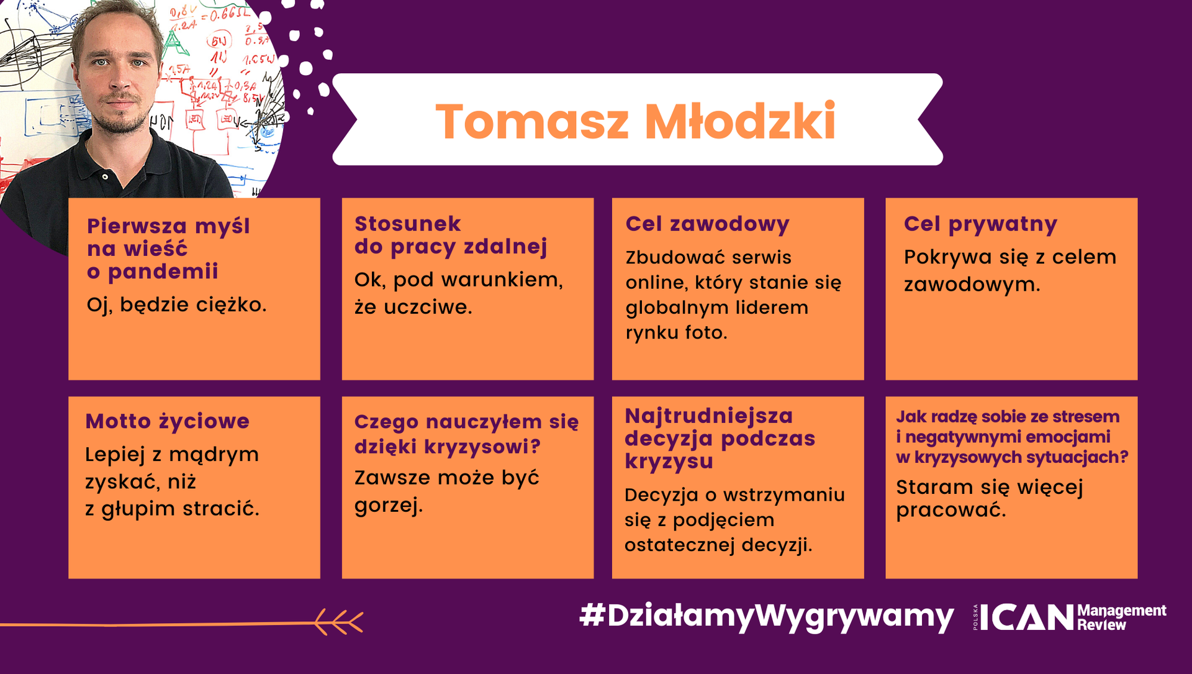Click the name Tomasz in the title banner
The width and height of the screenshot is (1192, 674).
[533, 121]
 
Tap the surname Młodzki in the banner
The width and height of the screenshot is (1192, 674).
[741, 121]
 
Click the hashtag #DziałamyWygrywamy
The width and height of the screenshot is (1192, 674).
[766, 616]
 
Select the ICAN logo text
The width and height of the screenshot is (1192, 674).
[1027, 617]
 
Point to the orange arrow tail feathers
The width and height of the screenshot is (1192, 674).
[338, 622]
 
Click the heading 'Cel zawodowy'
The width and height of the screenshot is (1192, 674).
[707, 224]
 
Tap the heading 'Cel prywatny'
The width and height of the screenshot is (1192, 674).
[980, 224]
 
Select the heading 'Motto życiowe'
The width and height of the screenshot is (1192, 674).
[167, 421]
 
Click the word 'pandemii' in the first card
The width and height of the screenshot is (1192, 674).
[163, 271]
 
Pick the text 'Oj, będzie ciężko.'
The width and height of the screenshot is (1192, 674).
[176, 304]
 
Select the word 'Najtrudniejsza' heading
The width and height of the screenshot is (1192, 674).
[708, 416]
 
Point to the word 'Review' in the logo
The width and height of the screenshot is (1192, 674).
[1101, 625]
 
